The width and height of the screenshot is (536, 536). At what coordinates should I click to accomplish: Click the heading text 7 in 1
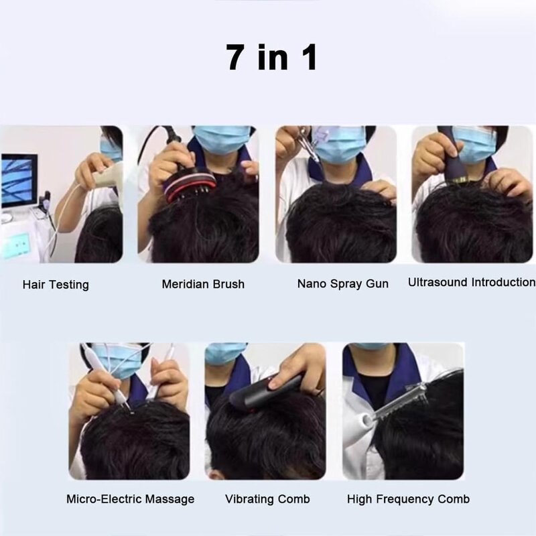(271, 58)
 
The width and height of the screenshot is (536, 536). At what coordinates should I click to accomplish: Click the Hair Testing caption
(56, 284)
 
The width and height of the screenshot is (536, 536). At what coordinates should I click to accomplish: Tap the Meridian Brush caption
(203, 284)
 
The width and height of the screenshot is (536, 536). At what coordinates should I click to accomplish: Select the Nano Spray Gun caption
(342, 283)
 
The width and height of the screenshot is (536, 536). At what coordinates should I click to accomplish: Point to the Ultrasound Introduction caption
(471, 282)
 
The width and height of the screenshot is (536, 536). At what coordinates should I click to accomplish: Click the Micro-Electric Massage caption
(130, 499)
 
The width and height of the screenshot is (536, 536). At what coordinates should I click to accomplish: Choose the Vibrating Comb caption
(267, 499)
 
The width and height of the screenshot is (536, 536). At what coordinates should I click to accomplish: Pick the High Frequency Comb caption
(408, 499)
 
